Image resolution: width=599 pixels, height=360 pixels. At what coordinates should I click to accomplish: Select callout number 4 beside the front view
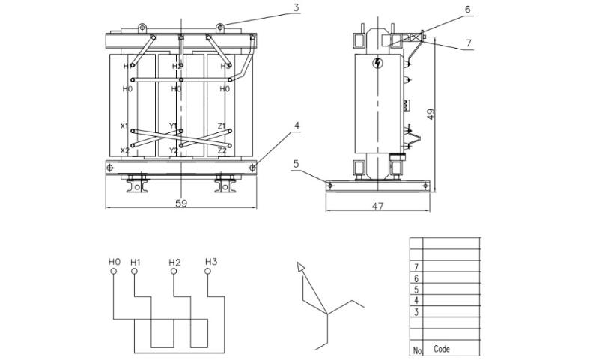(x=297, y=125)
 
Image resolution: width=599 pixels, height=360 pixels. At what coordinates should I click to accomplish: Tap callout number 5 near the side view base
(x=297, y=162)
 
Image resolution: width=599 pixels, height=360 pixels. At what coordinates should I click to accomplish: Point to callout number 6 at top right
(x=467, y=10)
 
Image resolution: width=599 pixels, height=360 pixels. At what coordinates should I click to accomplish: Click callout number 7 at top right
(x=469, y=43)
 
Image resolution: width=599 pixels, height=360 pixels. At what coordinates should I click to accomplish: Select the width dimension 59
(x=181, y=203)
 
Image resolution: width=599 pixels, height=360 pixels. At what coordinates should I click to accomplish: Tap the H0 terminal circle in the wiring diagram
(x=114, y=272)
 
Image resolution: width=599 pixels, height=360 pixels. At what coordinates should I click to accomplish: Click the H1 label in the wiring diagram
(x=135, y=262)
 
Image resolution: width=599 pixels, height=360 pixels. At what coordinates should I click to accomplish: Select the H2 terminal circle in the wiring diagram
(x=174, y=272)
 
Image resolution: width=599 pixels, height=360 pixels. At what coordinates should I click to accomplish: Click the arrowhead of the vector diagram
(x=301, y=266)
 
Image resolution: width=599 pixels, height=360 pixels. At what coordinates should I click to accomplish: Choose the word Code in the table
(x=442, y=349)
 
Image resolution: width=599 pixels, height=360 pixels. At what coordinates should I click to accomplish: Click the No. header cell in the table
(x=417, y=350)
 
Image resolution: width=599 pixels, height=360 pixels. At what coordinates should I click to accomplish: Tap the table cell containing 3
(x=416, y=311)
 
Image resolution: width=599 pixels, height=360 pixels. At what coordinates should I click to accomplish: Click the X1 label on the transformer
(x=125, y=126)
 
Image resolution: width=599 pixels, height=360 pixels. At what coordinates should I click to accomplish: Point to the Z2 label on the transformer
(x=222, y=150)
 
